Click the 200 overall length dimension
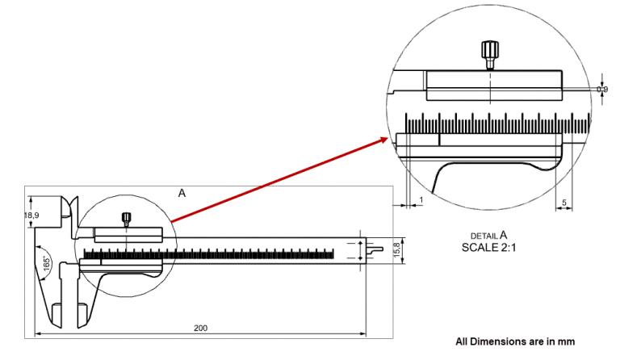(x=199, y=328)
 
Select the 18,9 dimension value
(x=31, y=216)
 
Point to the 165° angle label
(x=46, y=263)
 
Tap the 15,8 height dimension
(x=396, y=249)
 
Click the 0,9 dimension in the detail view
(x=601, y=89)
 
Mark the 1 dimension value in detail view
(x=421, y=199)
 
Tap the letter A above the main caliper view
(x=182, y=193)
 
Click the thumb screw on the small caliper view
(x=127, y=218)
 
